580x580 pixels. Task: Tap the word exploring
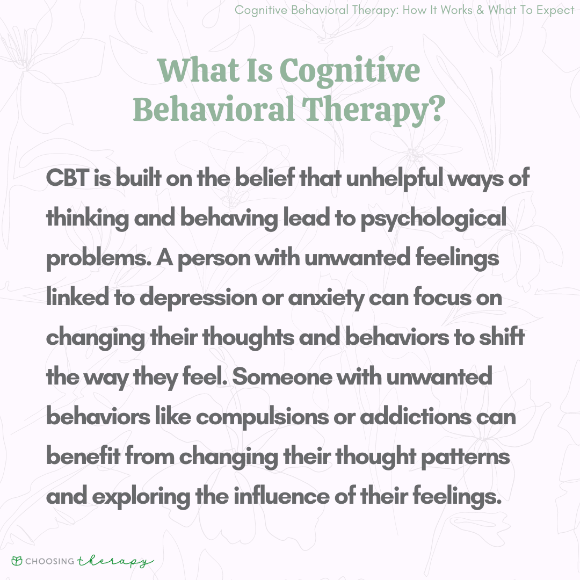point(141,497)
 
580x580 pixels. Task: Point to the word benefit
point(83,456)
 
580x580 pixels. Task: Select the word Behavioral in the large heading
point(214,110)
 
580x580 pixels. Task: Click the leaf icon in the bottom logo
point(17,561)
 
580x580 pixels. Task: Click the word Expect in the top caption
point(555,10)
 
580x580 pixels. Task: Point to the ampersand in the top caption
point(480,10)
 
